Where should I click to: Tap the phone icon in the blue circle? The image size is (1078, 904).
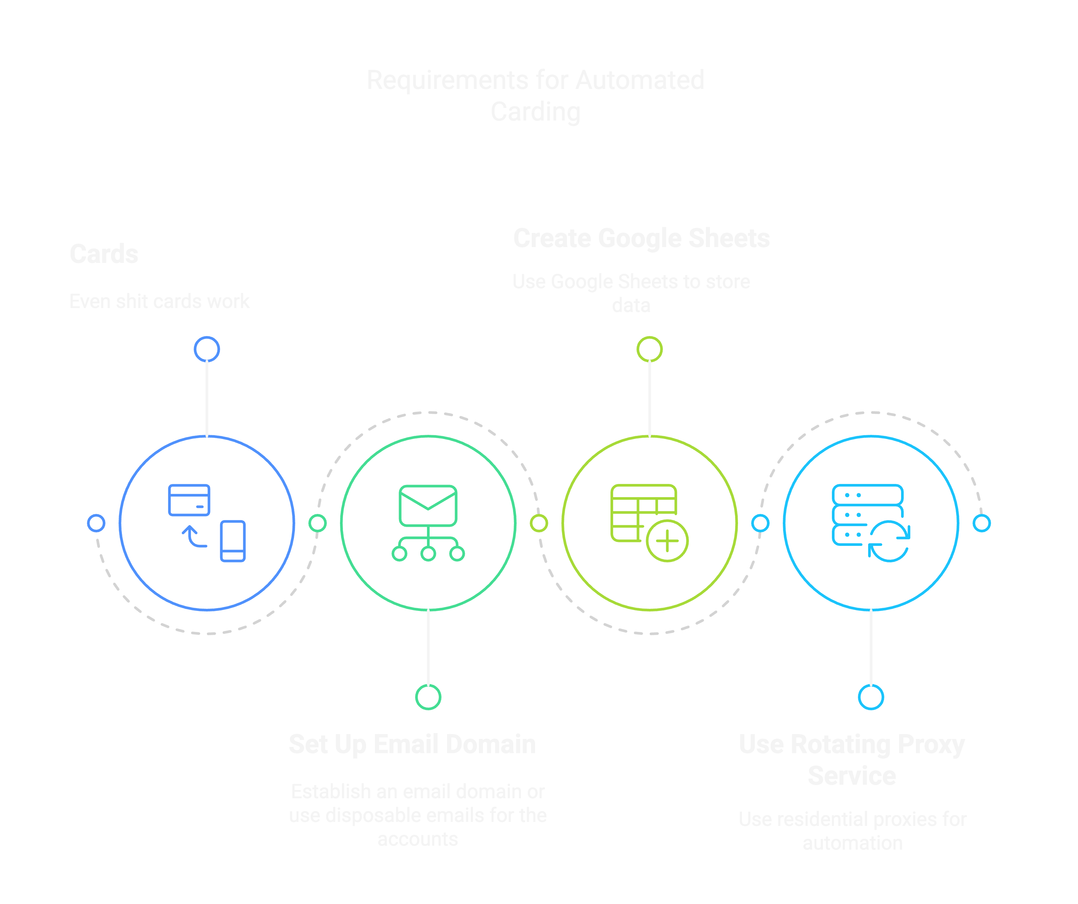click(x=233, y=541)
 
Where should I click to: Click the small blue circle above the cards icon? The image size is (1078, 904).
click(x=207, y=350)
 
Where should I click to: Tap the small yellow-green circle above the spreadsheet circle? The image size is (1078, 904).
click(x=649, y=350)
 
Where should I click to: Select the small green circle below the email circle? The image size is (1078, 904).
click(x=428, y=696)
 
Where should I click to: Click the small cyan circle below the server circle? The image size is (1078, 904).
click(x=871, y=696)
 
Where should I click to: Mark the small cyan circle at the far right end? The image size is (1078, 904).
click(x=981, y=523)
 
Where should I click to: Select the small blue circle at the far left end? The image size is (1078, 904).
click(x=96, y=523)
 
